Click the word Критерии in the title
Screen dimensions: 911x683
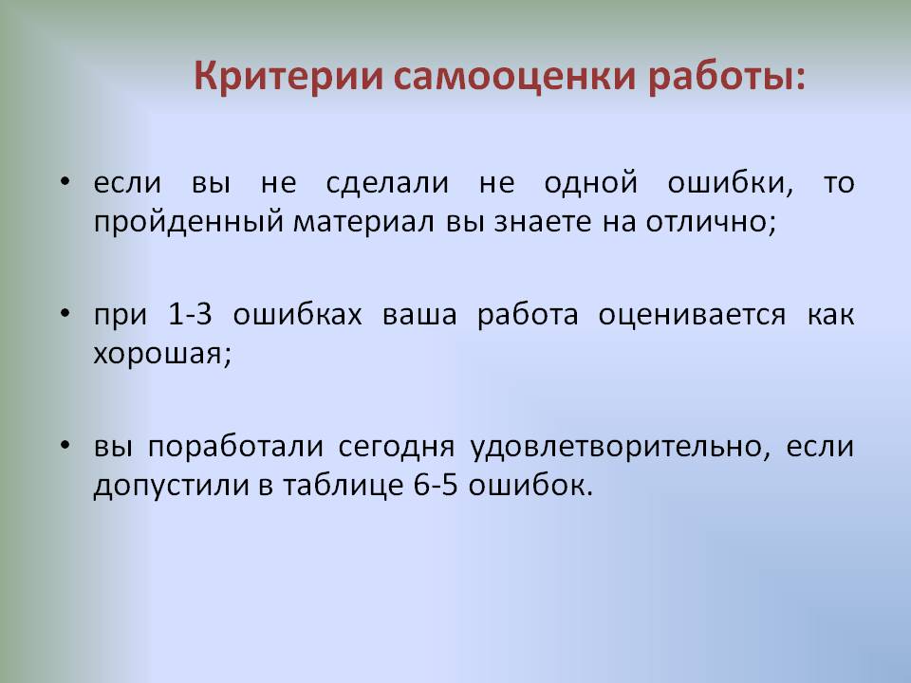(x=288, y=77)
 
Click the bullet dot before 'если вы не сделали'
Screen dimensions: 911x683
(x=65, y=181)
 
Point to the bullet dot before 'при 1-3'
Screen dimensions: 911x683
(x=65, y=314)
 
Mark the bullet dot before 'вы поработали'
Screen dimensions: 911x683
(x=65, y=446)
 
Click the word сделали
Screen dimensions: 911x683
(x=387, y=183)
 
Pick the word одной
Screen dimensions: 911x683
(x=591, y=182)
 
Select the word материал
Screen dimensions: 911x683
(x=363, y=222)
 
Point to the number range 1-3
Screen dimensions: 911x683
(x=190, y=314)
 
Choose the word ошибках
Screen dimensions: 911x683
(x=297, y=314)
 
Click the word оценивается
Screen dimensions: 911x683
(x=692, y=316)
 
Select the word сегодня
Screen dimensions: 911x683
(x=397, y=448)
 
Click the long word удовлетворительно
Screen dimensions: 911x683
(x=615, y=448)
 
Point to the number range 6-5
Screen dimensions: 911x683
(x=436, y=486)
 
